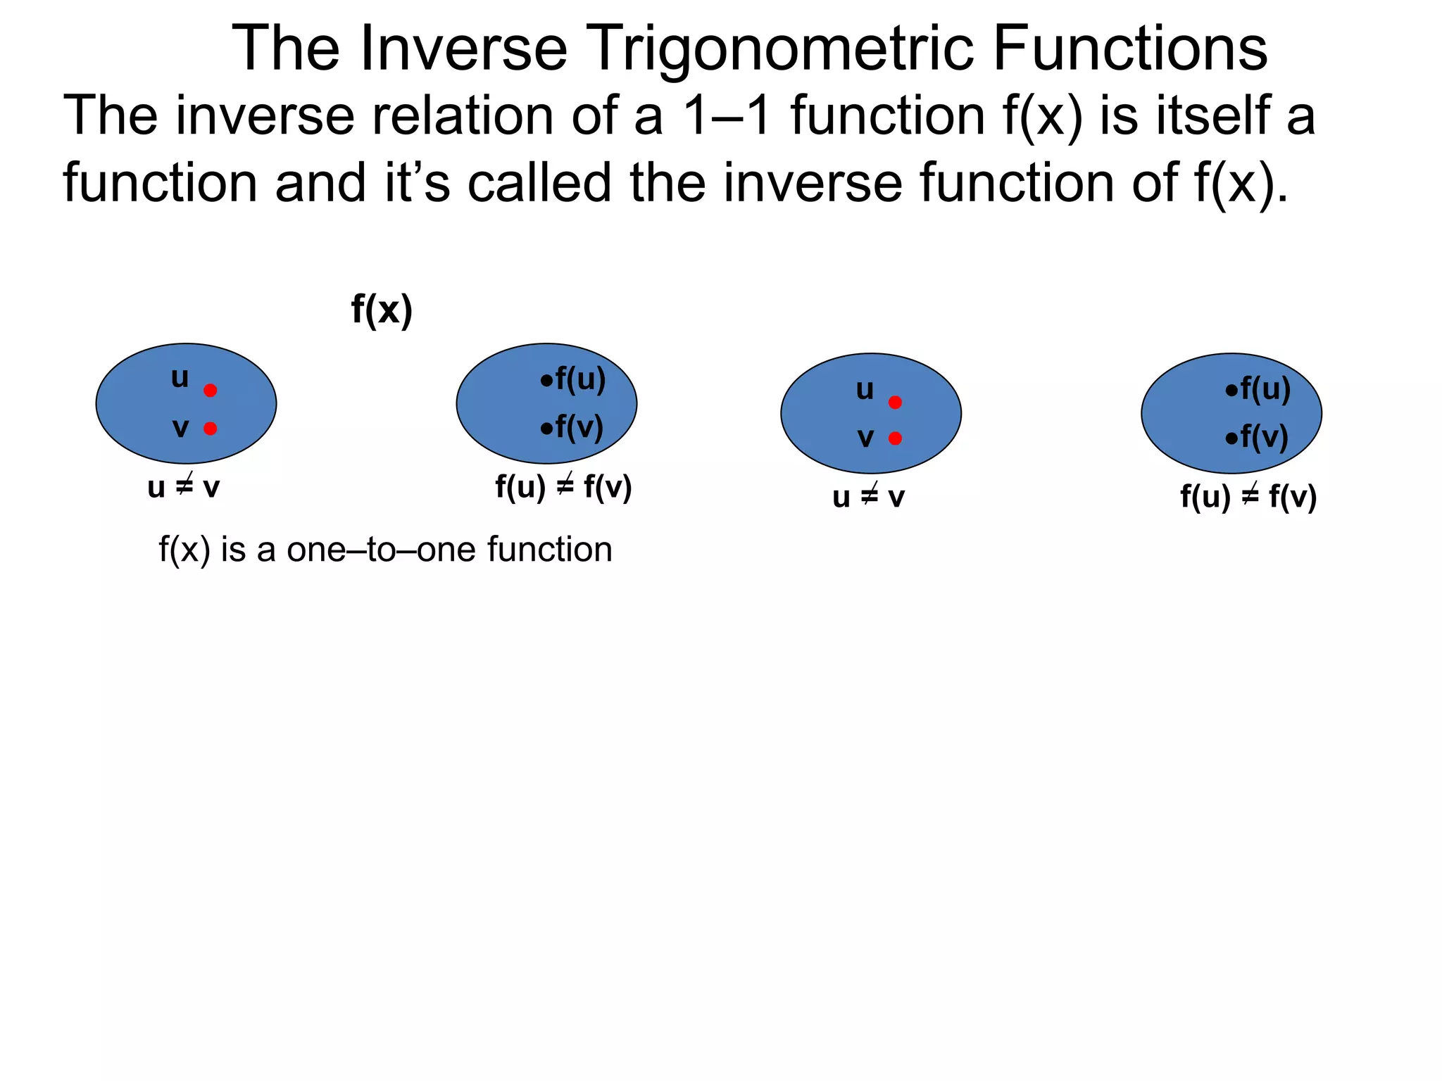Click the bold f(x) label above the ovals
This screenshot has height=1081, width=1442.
[x=382, y=310]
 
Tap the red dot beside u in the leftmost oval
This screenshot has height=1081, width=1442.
[x=210, y=391]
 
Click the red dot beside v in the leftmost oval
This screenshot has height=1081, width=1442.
[x=210, y=429]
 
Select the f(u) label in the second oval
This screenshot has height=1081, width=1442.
[x=579, y=380]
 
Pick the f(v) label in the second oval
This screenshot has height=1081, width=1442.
[x=578, y=427]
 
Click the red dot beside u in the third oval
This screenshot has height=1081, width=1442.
[x=895, y=403]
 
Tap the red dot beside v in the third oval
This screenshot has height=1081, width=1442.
[x=895, y=438]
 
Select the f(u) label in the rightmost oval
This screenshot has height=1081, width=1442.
[x=1265, y=389]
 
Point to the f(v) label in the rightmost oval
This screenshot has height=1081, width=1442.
[x=1263, y=437]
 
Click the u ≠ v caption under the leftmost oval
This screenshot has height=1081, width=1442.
[x=184, y=487]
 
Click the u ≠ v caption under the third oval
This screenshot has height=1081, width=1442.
[x=868, y=497]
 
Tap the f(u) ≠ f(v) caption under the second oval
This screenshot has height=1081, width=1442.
[x=563, y=487]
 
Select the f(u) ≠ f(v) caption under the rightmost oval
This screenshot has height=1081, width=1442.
[x=1248, y=497]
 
